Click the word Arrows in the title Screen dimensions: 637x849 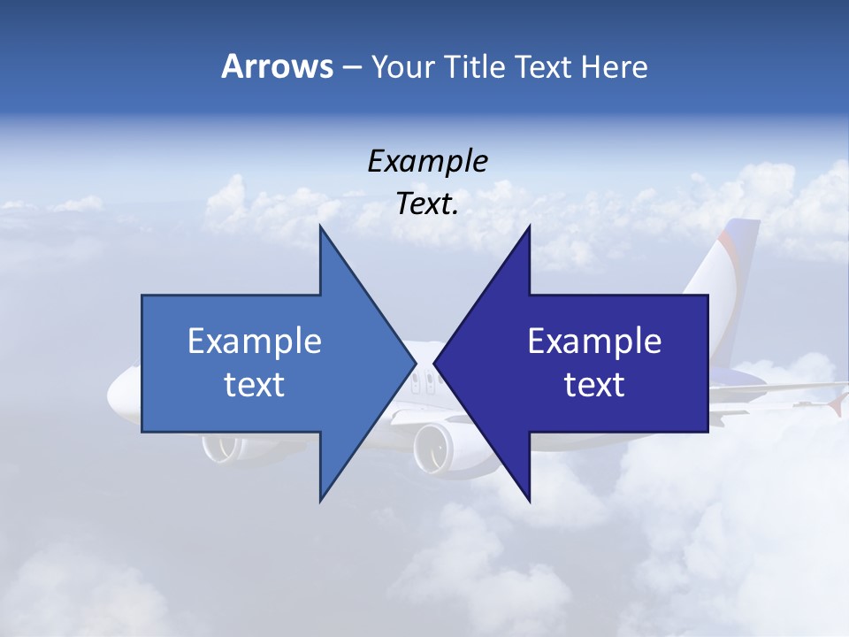coord(277,66)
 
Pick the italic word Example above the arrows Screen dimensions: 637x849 coord(427,162)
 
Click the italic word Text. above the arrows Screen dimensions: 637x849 coord(427,204)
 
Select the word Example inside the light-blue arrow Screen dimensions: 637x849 coord(255,342)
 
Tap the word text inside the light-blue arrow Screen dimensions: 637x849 coord(255,385)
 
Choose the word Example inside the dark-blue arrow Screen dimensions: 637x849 coord(594,342)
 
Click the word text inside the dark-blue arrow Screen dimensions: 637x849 coord(594,385)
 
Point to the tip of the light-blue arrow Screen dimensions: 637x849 coord(415,363)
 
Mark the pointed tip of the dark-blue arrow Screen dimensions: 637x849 coord(435,363)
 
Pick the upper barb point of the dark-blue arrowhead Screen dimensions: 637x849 coord(530,226)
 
